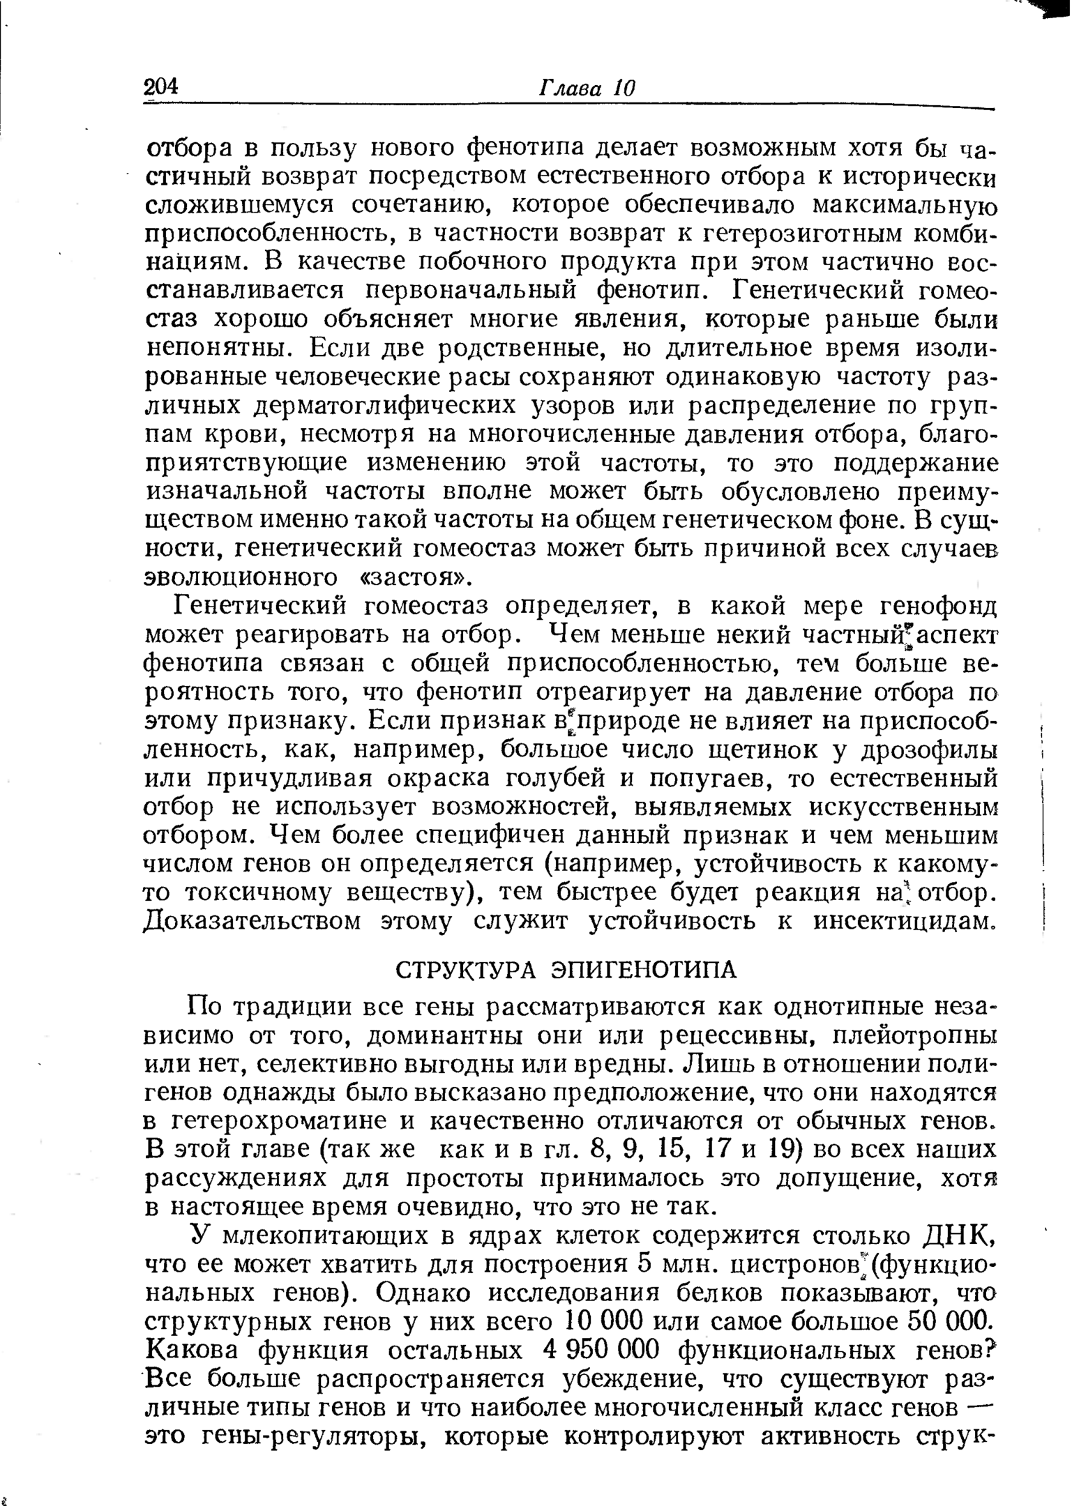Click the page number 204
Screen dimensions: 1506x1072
tap(161, 88)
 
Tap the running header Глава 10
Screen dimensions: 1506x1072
tap(587, 89)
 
